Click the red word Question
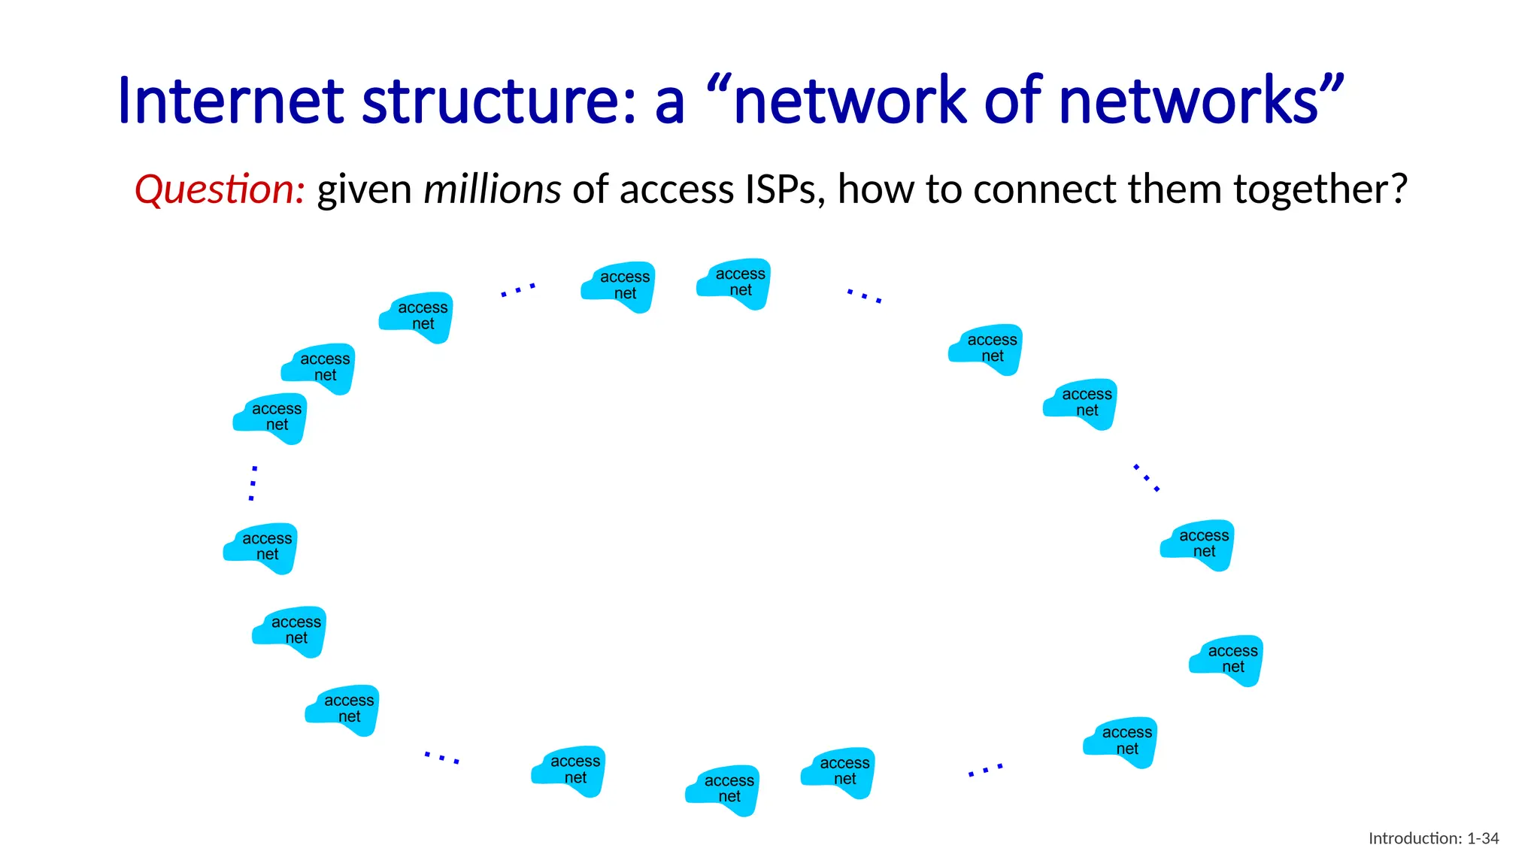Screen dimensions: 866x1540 pyautogui.click(x=219, y=189)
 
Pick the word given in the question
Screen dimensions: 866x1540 pyautogui.click(x=364, y=190)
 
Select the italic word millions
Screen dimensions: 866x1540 pyautogui.click(x=492, y=189)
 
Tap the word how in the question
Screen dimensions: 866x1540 pyautogui.click(x=876, y=189)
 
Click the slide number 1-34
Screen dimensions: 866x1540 pyautogui.click(x=1483, y=838)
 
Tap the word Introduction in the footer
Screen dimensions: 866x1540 pyautogui.click(x=1414, y=838)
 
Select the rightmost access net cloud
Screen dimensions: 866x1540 pyautogui.click(x=1226, y=659)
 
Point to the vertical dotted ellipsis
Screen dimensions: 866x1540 pyautogui.click(x=253, y=483)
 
